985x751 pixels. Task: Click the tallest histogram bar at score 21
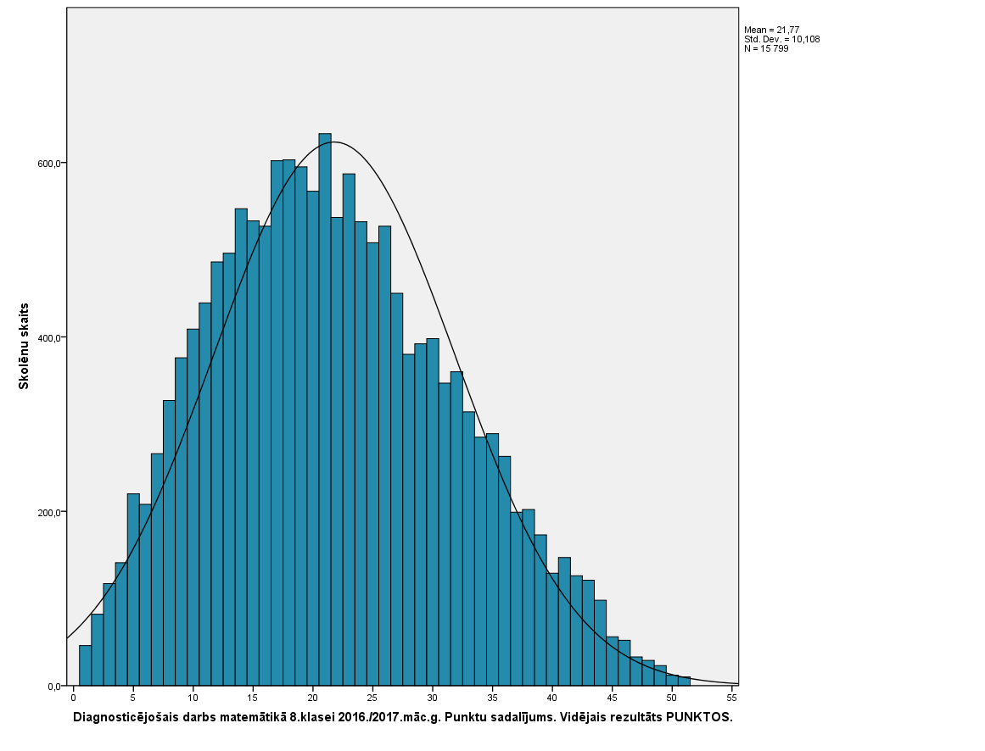pyautogui.click(x=325, y=407)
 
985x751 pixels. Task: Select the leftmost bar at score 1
pyautogui.click(x=85, y=666)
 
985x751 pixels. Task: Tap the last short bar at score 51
pyautogui.click(x=684, y=681)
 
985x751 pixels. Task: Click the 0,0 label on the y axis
pyautogui.click(x=56, y=687)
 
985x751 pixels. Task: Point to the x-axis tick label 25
pyautogui.click(x=372, y=698)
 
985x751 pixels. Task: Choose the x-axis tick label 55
pyautogui.click(x=732, y=698)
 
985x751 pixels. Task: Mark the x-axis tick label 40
pyautogui.click(x=552, y=698)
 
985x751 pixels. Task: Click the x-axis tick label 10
pyautogui.click(x=193, y=698)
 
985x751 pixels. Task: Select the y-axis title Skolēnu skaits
pyautogui.click(x=25, y=345)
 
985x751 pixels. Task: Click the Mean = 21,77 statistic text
pyautogui.click(x=771, y=30)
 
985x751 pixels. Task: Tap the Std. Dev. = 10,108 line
pyautogui.click(x=781, y=39)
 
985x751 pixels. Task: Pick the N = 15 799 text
pyautogui.click(x=766, y=48)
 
